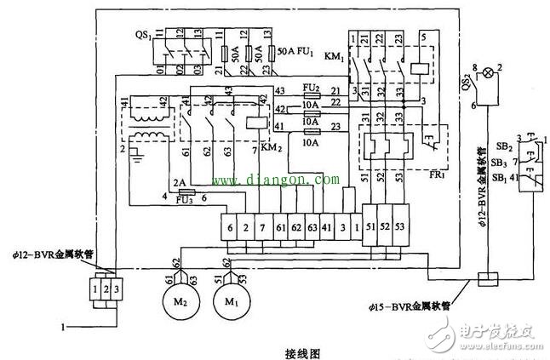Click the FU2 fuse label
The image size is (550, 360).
point(311,88)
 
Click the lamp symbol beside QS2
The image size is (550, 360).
point(488,73)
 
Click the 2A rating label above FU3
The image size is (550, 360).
point(179,182)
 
